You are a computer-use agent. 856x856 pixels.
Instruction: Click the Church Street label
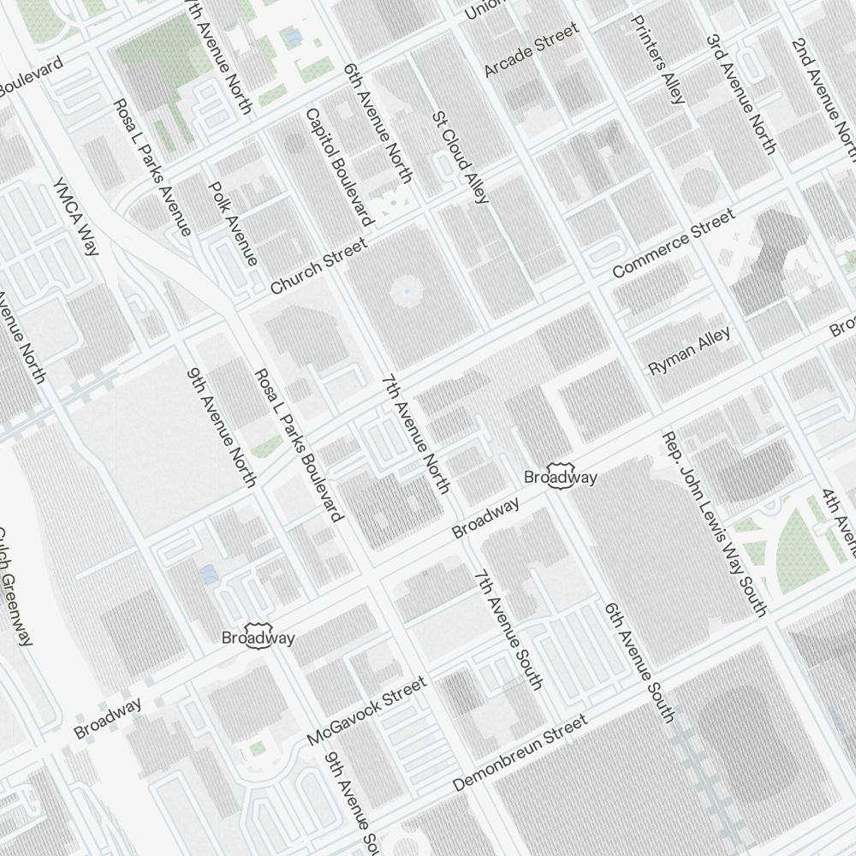(x=318, y=266)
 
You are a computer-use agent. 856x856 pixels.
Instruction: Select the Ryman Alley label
(x=690, y=352)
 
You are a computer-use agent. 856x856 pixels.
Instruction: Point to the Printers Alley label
(x=657, y=58)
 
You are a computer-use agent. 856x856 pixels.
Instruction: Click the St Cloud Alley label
(x=461, y=157)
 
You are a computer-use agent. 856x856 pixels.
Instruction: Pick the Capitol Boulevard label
(x=339, y=167)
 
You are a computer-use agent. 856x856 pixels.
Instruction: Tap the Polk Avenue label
(x=233, y=223)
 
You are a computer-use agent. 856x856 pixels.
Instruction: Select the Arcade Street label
(x=532, y=50)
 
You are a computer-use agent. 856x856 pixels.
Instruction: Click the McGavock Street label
(x=366, y=710)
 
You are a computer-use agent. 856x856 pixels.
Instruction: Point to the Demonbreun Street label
(x=520, y=752)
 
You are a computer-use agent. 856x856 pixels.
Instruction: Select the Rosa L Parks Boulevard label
(x=299, y=444)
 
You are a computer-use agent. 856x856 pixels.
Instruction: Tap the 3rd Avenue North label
(x=741, y=94)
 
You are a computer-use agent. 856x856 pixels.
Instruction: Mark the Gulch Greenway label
(x=15, y=586)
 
